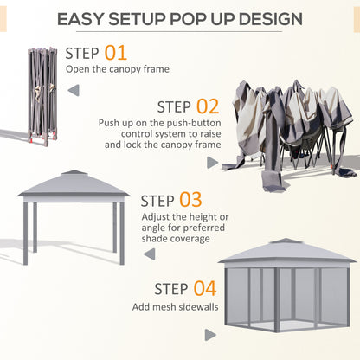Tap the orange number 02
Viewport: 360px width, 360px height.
pos(208,106)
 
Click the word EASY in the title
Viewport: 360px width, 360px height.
pos(89,18)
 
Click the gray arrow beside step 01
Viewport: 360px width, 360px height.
pos(73,90)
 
